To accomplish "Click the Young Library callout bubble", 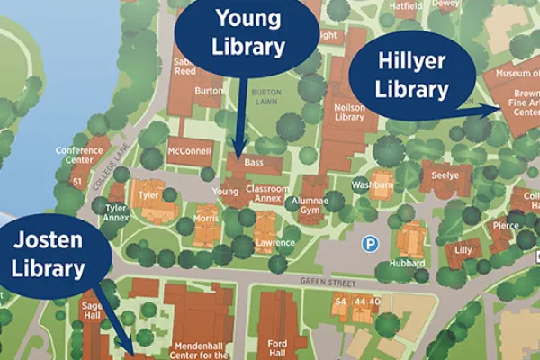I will [x=247, y=34].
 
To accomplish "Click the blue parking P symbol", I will [x=369, y=243].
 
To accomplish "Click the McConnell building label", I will [x=189, y=151].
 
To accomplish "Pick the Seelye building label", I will [x=445, y=175].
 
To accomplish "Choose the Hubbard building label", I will [x=407, y=263].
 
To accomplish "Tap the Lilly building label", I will [x=463, y=249].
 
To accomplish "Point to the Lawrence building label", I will [x=274, y=243].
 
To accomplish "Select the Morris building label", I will [x=206, y=219].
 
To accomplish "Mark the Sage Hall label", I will [x=94, y=310].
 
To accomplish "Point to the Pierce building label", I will [x=506, y=226].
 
